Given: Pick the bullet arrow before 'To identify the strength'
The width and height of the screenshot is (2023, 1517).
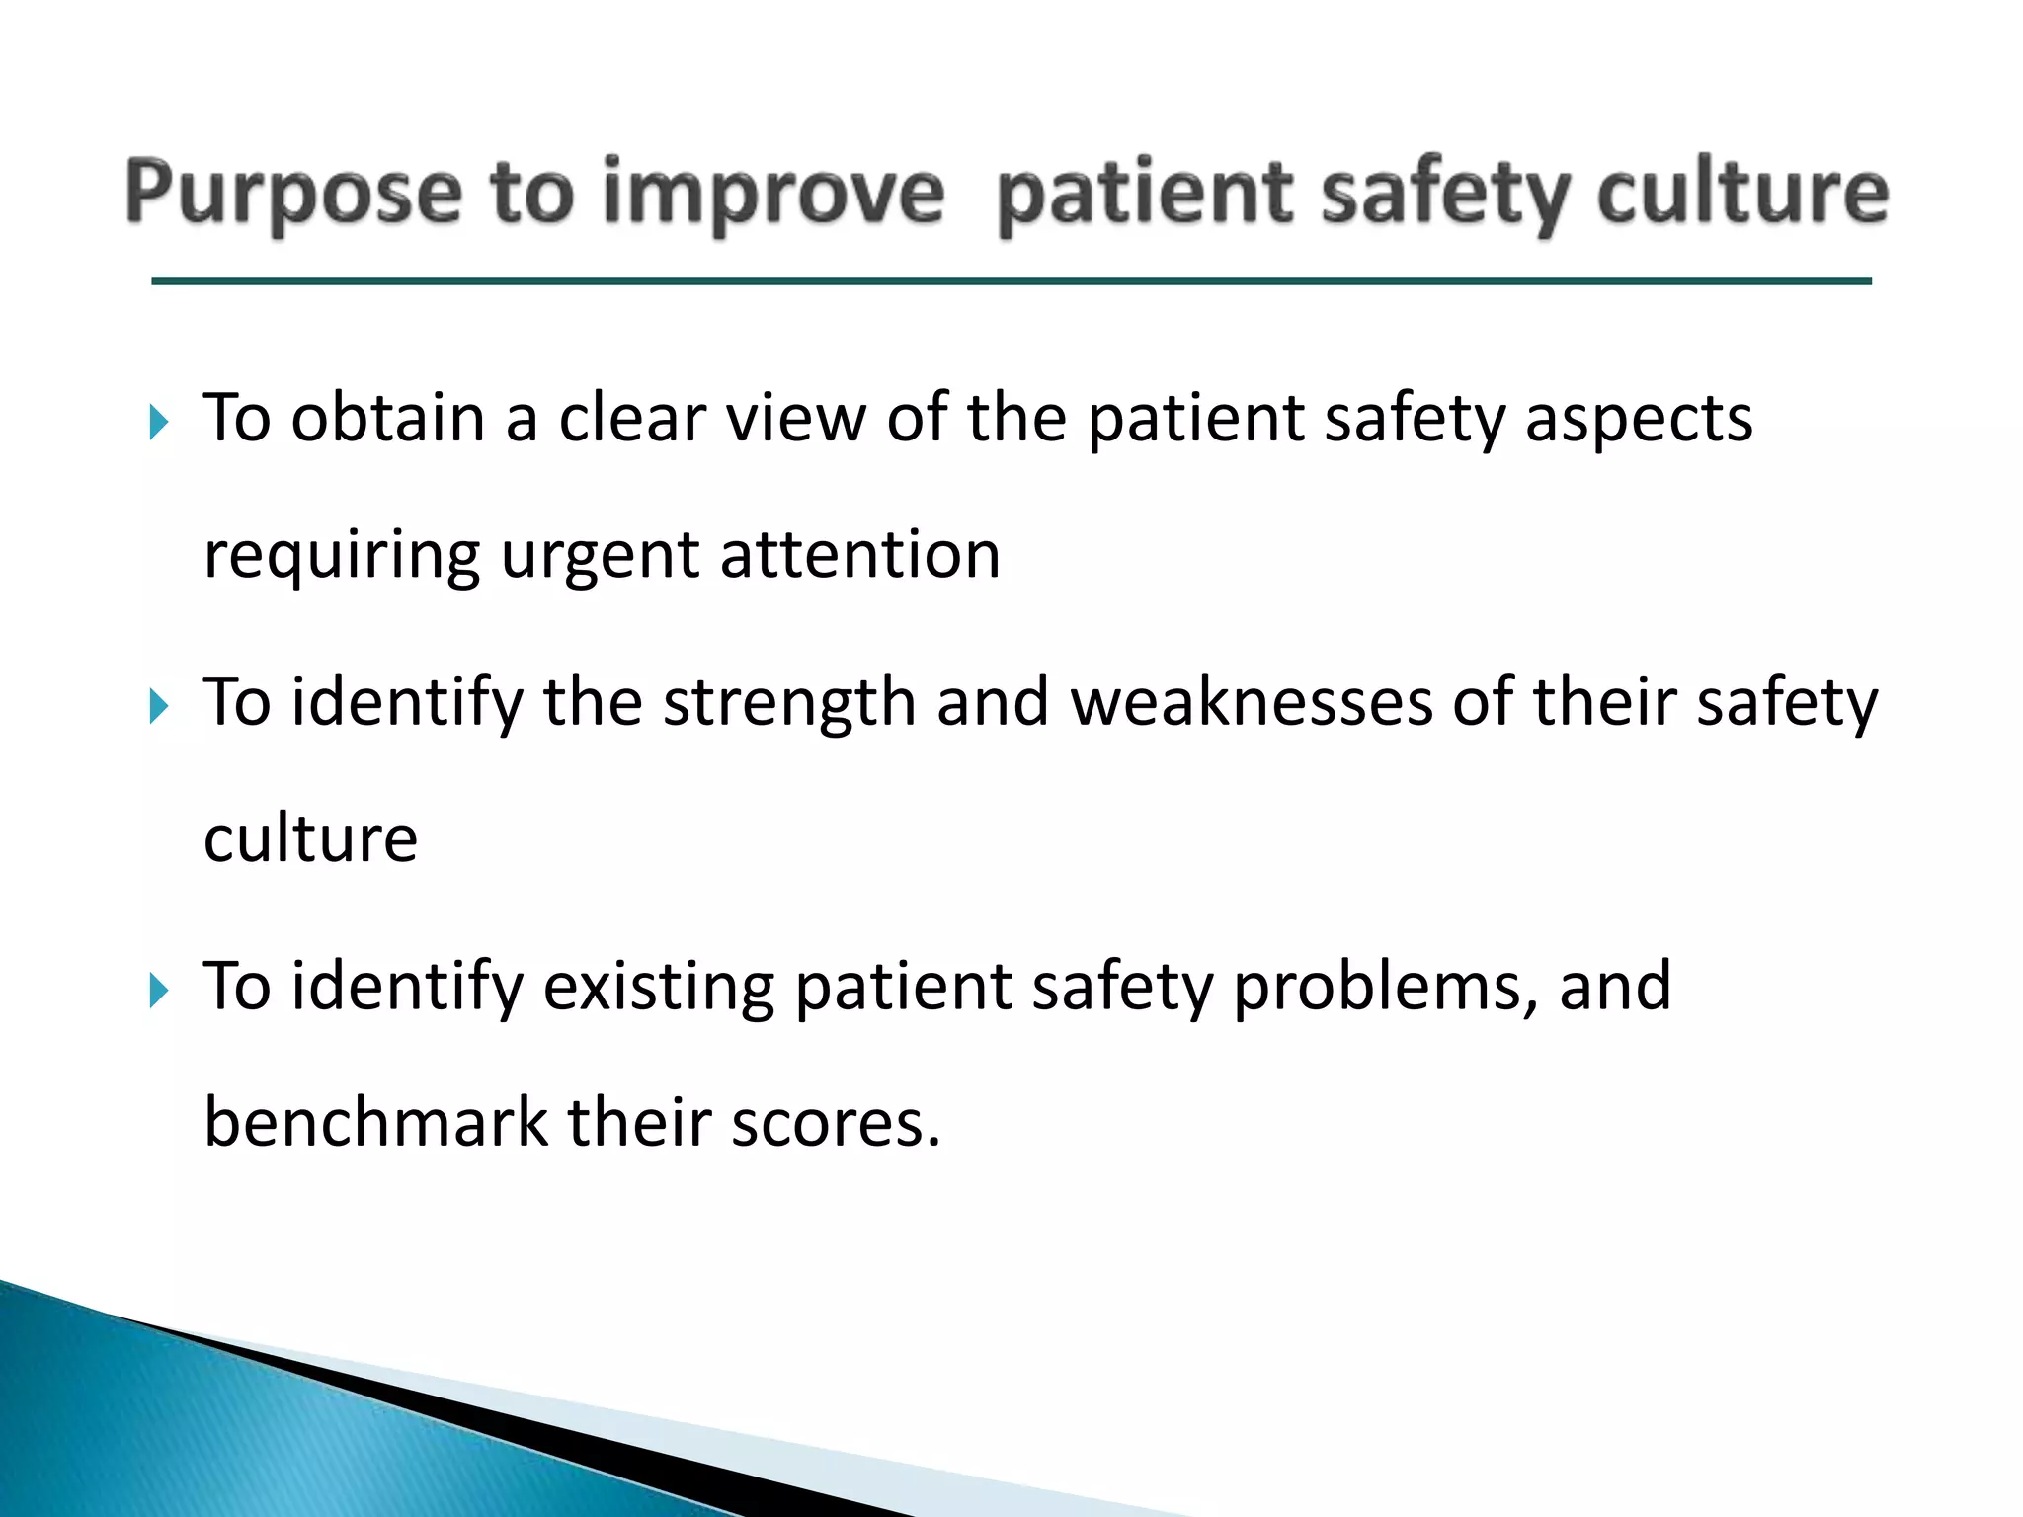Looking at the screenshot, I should (159, 706).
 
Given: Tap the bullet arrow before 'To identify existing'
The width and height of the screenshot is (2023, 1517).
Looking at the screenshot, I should (159, 990).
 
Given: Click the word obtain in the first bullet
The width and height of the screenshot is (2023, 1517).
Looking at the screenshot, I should (387, 417).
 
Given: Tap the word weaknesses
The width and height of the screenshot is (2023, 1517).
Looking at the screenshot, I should (1251, 701).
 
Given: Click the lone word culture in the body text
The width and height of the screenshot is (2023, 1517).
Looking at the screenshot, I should (310, 838).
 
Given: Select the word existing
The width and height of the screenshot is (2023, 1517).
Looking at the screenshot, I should (658, 987).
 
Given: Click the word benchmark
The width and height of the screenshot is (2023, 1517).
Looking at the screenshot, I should (375, 1122).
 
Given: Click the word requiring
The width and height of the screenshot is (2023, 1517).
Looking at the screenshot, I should (341, 556).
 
